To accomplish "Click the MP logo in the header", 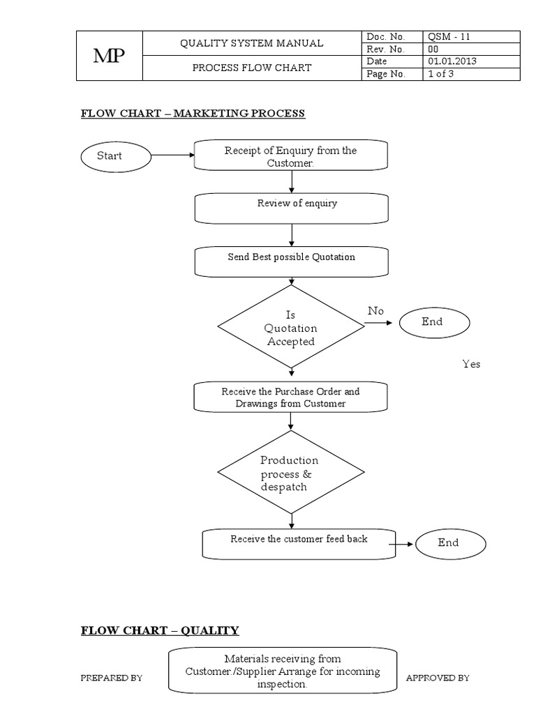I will click(109, 56).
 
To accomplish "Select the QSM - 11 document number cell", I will click(471, 37).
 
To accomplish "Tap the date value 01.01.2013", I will click(471, 62).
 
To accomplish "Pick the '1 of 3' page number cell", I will click(471, 75).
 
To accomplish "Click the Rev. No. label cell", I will click(392, 50).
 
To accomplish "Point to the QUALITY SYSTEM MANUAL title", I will click(251, 43).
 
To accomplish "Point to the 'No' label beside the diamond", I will click(375, 311).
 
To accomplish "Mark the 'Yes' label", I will click(471, 364).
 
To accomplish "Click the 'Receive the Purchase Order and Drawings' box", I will click(291, 397).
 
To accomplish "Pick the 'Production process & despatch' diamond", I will click(291, 473).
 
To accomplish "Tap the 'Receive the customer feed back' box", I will click(299, 542).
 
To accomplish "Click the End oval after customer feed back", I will click(448, 543).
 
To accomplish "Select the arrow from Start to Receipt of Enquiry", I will click(171, 155).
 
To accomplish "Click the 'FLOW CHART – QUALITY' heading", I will click(160, 630).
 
